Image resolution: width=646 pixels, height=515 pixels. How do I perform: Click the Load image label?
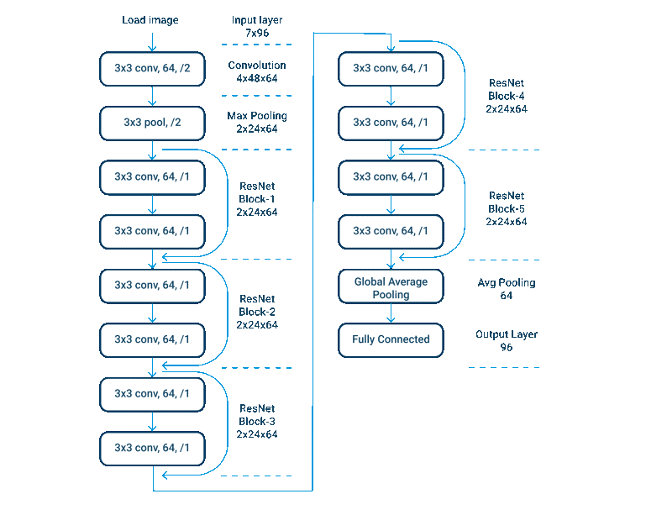click(150, 20)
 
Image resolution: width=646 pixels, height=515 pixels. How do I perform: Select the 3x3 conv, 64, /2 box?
click(152, 69)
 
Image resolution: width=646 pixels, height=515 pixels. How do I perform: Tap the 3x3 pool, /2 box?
click(152, 123)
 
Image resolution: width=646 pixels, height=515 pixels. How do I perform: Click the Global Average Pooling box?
click(391, 286)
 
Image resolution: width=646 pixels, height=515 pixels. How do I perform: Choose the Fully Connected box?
click(391, 340)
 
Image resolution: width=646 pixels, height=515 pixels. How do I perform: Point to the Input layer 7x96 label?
click(257, 26)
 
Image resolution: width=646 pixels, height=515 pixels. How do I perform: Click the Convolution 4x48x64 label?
click(257, 71)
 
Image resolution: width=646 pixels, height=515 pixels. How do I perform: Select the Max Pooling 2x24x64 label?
click(257, 123)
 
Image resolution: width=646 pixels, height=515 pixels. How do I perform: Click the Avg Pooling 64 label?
click(507, 289)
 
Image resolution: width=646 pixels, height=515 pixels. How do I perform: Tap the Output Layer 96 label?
click(507, 341)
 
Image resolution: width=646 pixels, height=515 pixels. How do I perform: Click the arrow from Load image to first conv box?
click(152, 42)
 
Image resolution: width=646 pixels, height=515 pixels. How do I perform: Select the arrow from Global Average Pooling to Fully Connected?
click(391, 313)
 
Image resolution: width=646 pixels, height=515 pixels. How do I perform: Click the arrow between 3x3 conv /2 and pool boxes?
click(152, 96)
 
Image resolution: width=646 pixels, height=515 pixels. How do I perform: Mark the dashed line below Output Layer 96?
click(504, 367)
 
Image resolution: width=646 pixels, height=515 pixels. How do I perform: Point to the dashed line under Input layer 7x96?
click(257, 45)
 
